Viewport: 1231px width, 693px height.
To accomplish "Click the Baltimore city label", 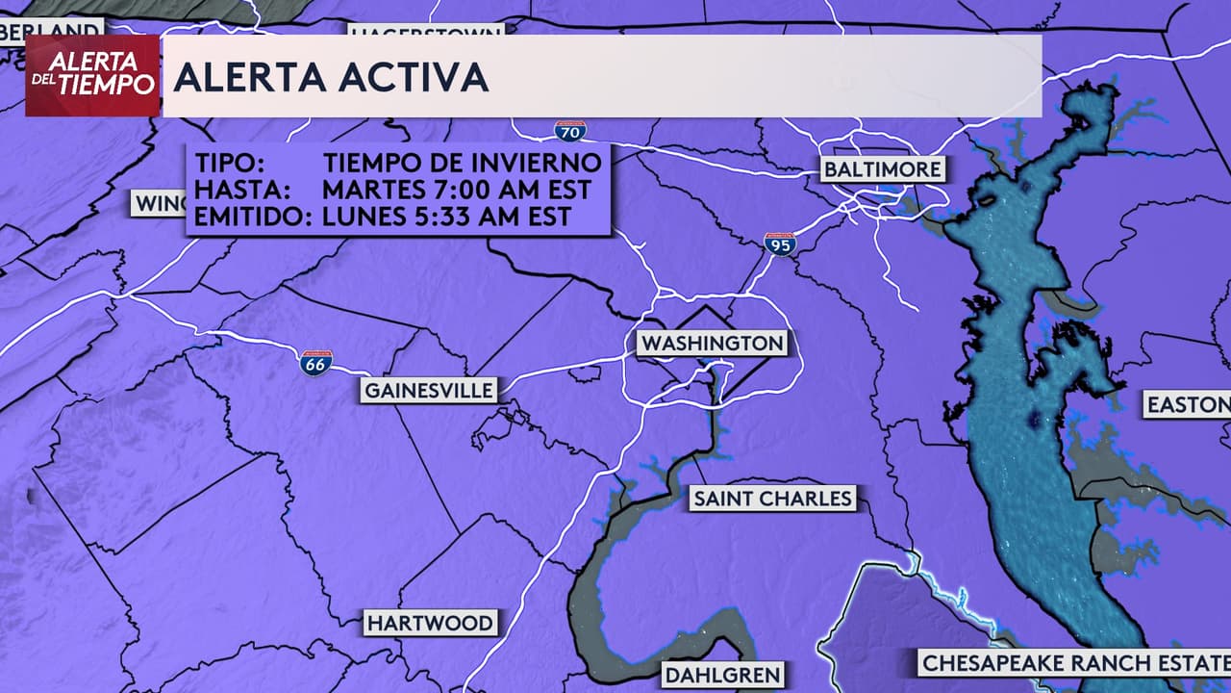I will pyautogui.click(x=882, y=170).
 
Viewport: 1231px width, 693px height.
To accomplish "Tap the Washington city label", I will pyautogui.click(x=713, y=343).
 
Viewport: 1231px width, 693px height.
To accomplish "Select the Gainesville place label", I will pyautogui.click(x=429, y=390).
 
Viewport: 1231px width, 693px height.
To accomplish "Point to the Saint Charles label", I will pyautogui.click(x=772, y=498).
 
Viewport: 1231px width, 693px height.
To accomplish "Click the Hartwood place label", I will pyautogui.click(x=430, y=623).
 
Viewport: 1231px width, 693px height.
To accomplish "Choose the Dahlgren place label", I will pyautogui.click(x=723, y=675).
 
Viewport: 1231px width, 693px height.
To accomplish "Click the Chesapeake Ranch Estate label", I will pyautogui.click(x=1073, y=663).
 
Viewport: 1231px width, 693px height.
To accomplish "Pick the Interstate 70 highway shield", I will pyautogui.click(x=570, y=131).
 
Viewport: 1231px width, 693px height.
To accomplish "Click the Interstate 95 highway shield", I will pyautogui.click(x=780, y=244).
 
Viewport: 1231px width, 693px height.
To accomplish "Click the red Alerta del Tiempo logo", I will pyautogui.click(x=92, y=75).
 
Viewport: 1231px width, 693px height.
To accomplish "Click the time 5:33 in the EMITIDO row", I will pyautogui.click(x=440, y=217).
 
